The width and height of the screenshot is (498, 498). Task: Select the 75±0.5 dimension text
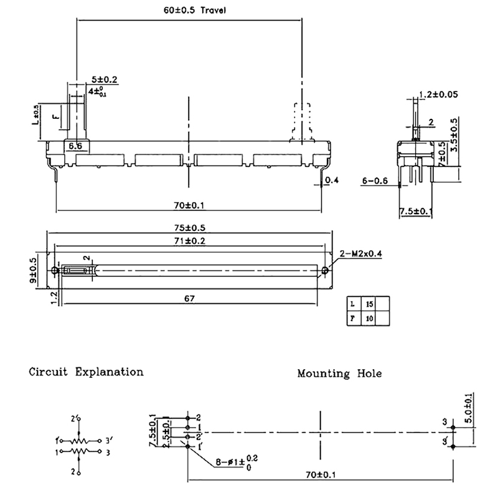point(190,227)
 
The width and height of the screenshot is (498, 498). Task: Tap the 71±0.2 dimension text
point(190,241)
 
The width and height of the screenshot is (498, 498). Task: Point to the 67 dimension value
point(190,298)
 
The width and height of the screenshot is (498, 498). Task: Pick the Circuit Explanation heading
point(86,372)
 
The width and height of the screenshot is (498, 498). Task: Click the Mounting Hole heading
point(339,374)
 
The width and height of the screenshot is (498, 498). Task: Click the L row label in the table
point(352,304)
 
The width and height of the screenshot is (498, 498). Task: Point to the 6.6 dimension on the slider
point(75,146)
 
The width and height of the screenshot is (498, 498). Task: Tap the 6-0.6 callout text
point(375,181)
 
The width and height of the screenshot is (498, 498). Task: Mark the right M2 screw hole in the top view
point(326,271)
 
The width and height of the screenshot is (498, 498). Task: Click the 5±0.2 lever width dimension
point(105,79)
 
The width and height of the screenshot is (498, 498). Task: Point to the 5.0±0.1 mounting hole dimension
point(468,408)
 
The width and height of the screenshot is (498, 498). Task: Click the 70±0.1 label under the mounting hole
point(319,474)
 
